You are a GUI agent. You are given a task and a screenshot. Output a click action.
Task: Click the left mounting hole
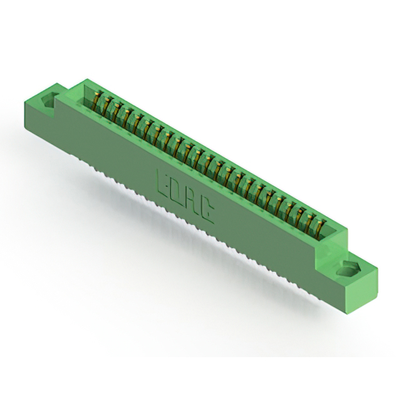49,100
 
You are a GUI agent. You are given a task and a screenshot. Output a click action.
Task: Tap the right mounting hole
347,269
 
